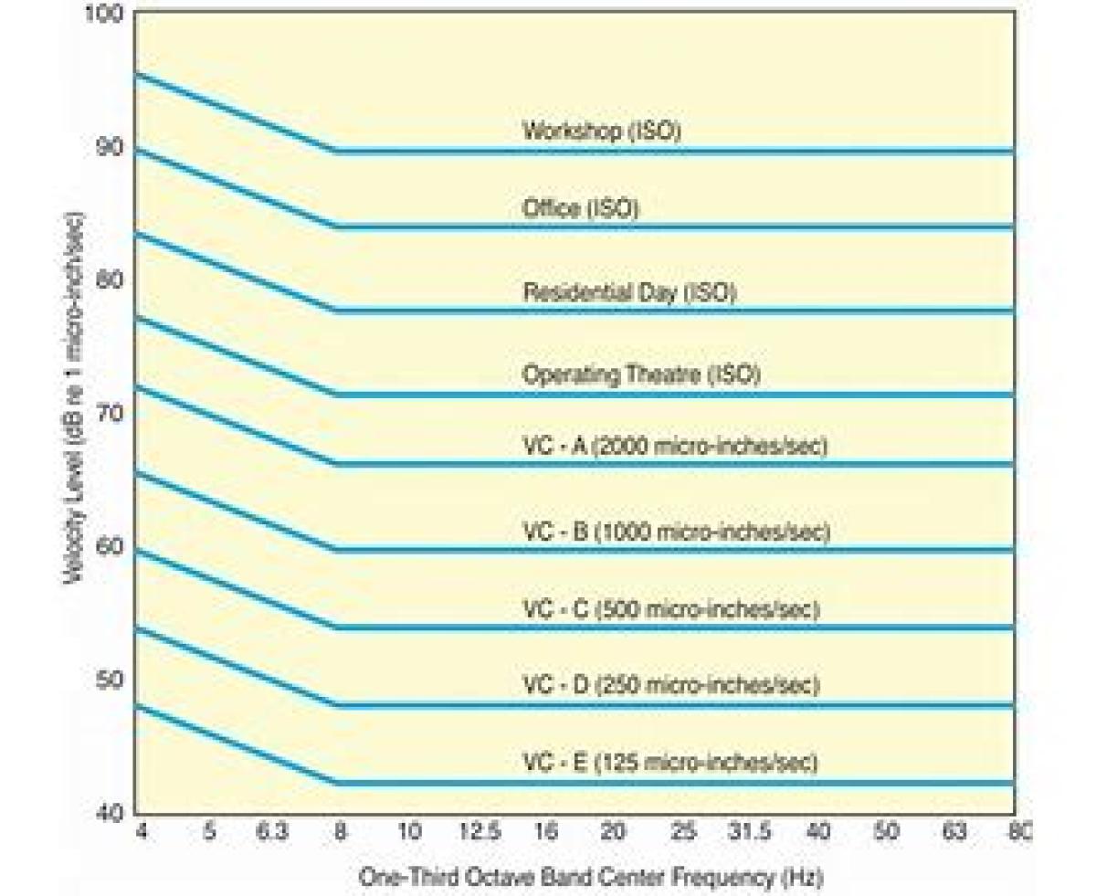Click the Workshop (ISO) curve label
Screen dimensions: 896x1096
602,131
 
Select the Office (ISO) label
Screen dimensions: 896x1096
580,208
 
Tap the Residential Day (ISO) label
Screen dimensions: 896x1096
629,292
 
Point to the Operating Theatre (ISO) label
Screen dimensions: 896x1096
641,374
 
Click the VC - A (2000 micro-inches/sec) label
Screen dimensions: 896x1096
675,447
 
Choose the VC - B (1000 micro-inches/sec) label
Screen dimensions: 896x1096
676,532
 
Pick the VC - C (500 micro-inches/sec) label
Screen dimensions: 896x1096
670,609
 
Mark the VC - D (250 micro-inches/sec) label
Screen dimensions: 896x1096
670,684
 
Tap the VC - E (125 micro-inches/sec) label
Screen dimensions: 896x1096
669,762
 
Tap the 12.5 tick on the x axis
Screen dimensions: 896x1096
480,832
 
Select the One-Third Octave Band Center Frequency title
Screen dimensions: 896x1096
591,878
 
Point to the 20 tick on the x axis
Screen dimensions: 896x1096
614,832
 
